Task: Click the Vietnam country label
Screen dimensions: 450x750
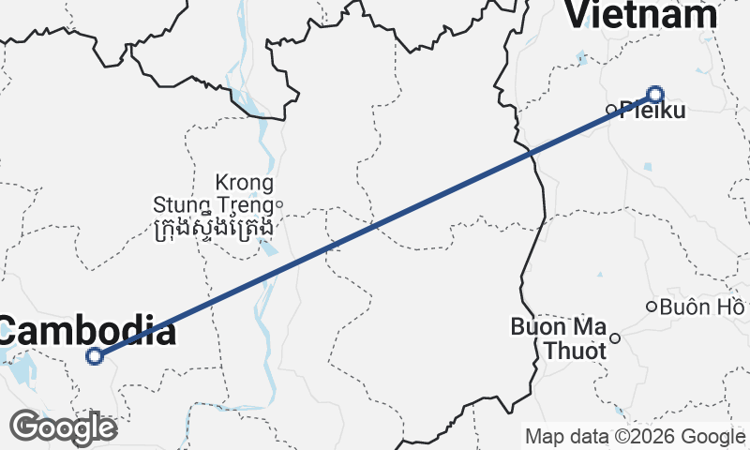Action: tap(642, 14)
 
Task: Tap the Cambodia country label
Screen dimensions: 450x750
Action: tap(86, 331)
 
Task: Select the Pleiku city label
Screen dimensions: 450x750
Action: tap(652, 111)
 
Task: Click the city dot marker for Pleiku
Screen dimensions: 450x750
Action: tap(610, 109)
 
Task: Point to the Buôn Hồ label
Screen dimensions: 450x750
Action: tap(701, 307)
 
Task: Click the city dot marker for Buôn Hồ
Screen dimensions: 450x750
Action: tap(652, 307)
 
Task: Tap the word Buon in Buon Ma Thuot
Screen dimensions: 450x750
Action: tap(533, 327)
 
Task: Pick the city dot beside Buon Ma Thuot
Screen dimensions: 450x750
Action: tap(615, 338)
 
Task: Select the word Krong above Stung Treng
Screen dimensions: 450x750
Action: tap(244, 182)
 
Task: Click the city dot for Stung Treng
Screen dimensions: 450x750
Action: tap(278, 203)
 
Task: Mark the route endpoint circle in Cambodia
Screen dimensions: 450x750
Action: tap(94, 355)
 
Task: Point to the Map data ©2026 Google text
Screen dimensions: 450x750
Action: tap(635, 436)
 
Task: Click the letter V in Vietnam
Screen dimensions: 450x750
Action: tap(579, 14)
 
